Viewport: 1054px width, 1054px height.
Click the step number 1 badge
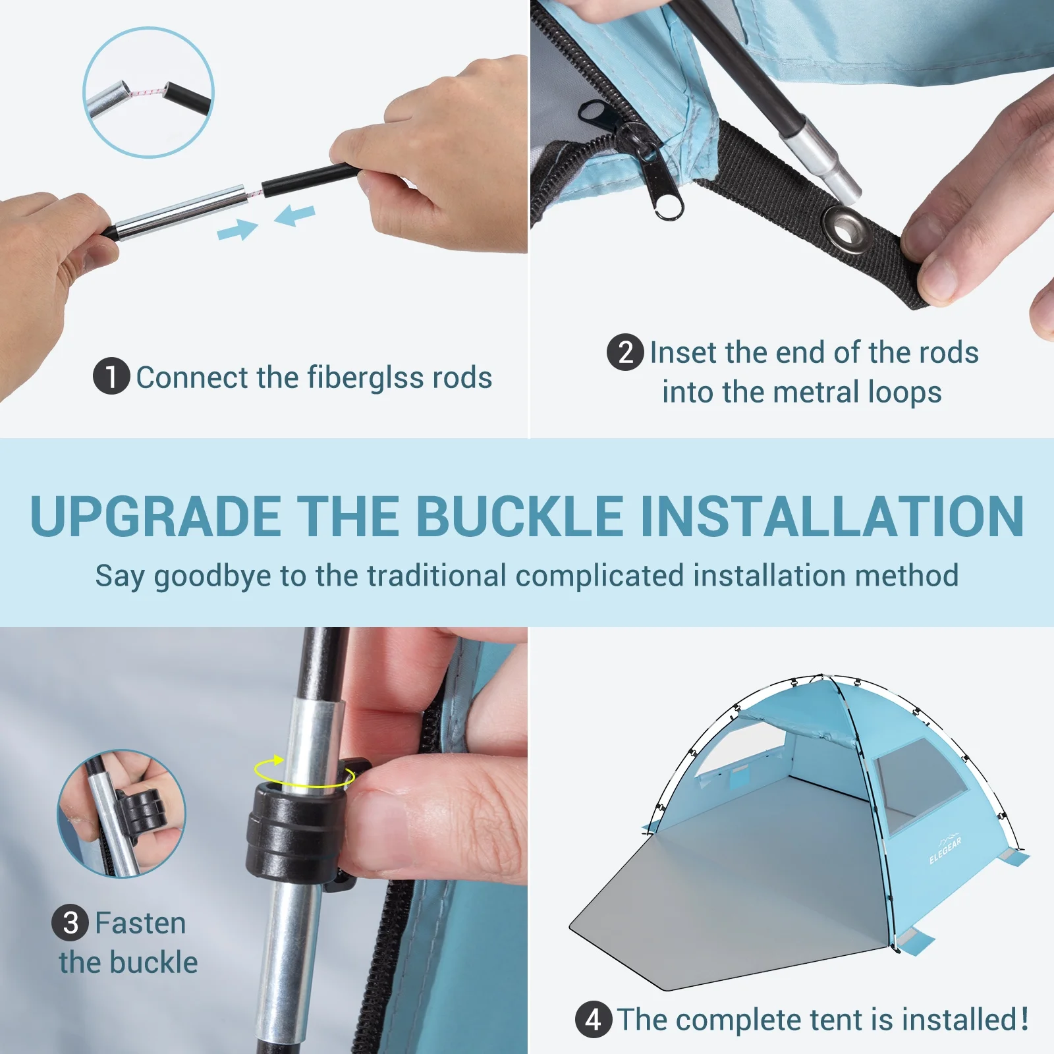111,376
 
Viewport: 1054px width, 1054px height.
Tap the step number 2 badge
625,352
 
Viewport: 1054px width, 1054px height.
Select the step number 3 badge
70,922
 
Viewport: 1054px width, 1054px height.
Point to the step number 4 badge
594,1019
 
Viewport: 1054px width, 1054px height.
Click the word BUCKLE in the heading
519,516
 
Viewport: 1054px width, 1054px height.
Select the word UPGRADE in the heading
156,516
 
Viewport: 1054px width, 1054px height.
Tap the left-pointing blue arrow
294,215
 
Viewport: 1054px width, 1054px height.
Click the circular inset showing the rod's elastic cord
148,92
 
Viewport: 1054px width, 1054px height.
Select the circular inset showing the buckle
121,814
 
